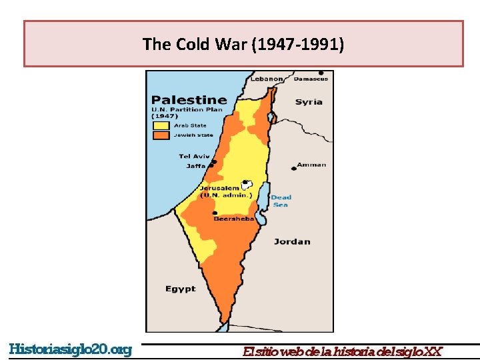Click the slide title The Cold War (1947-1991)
point(243,45)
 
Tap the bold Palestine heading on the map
point(189,101)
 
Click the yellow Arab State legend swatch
point(161,125)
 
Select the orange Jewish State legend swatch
point(161,135)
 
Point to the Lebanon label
point(266,79)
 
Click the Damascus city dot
point(321,73)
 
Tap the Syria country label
point(309,102)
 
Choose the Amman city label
point(311,165)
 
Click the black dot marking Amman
point(293,169)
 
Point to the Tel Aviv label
point(194,157)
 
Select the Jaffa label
point(196,166)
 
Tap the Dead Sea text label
point(281,201)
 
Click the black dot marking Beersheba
point(215,213)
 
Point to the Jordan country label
point(292,241)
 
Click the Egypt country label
point(181,289)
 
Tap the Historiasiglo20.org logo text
point(71,350)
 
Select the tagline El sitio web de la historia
point(342,351)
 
